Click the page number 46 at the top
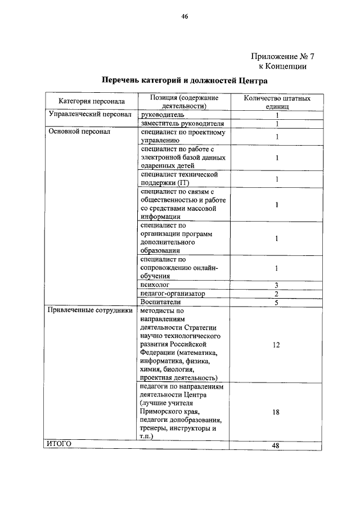pos(183,16)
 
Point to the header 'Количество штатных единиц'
pos(276,102)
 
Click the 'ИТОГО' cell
pos(59,444)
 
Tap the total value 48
pos(276,445)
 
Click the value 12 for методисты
pos(276,345)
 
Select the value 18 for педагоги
pos(276,412)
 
